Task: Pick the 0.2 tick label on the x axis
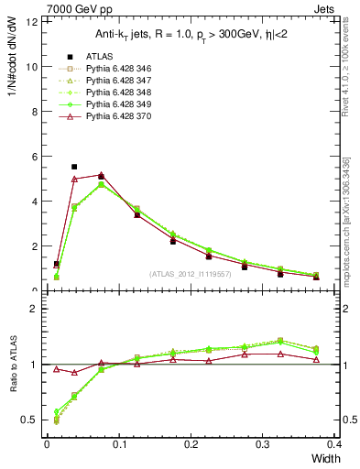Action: tap(191, 444)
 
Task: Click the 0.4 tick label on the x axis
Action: tap(334, 444)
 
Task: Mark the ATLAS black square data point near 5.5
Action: tap(74, 167)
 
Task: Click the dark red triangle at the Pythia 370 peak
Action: tap(101, 174)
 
